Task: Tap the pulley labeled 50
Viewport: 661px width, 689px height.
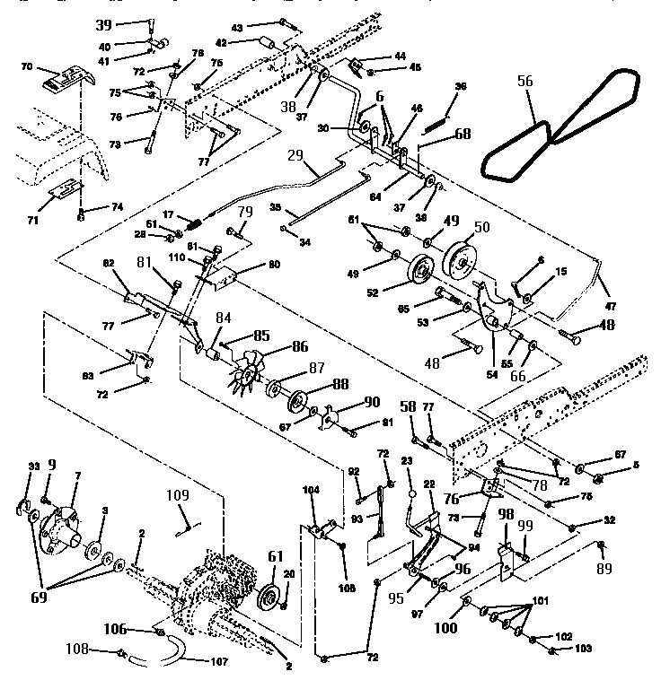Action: coord(464,260)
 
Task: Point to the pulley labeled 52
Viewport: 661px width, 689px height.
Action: coord(420,272)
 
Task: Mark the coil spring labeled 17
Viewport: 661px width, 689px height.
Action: coord(197,222)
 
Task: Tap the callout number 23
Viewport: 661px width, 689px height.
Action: coord(406,460)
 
